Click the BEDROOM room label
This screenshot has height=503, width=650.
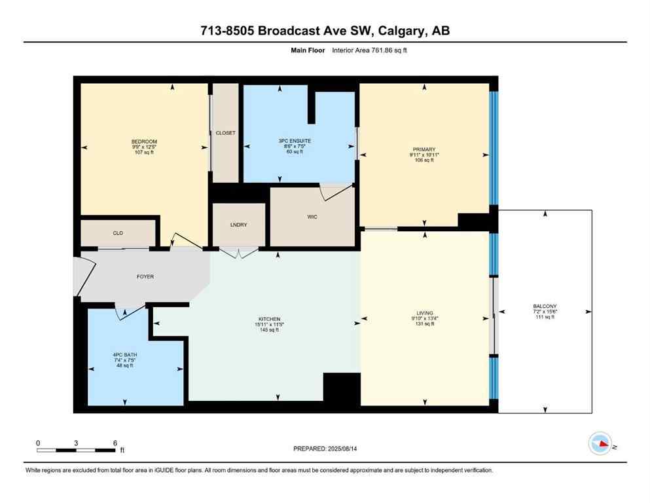pos(144,141)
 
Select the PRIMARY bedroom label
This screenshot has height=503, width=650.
pos(424,149)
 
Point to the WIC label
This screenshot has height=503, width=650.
pos(312,217)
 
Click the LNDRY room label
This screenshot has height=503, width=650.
pos(239,225)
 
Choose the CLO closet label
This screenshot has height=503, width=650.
pos(118,233)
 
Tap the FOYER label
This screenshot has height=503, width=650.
pos(145,277)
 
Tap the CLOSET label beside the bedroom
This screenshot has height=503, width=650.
pos(225,133)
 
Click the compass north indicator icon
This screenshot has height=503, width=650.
pos(600,444)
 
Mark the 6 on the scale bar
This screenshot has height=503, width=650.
pos(115,443)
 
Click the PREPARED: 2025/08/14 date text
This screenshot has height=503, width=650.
pos(325,449)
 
